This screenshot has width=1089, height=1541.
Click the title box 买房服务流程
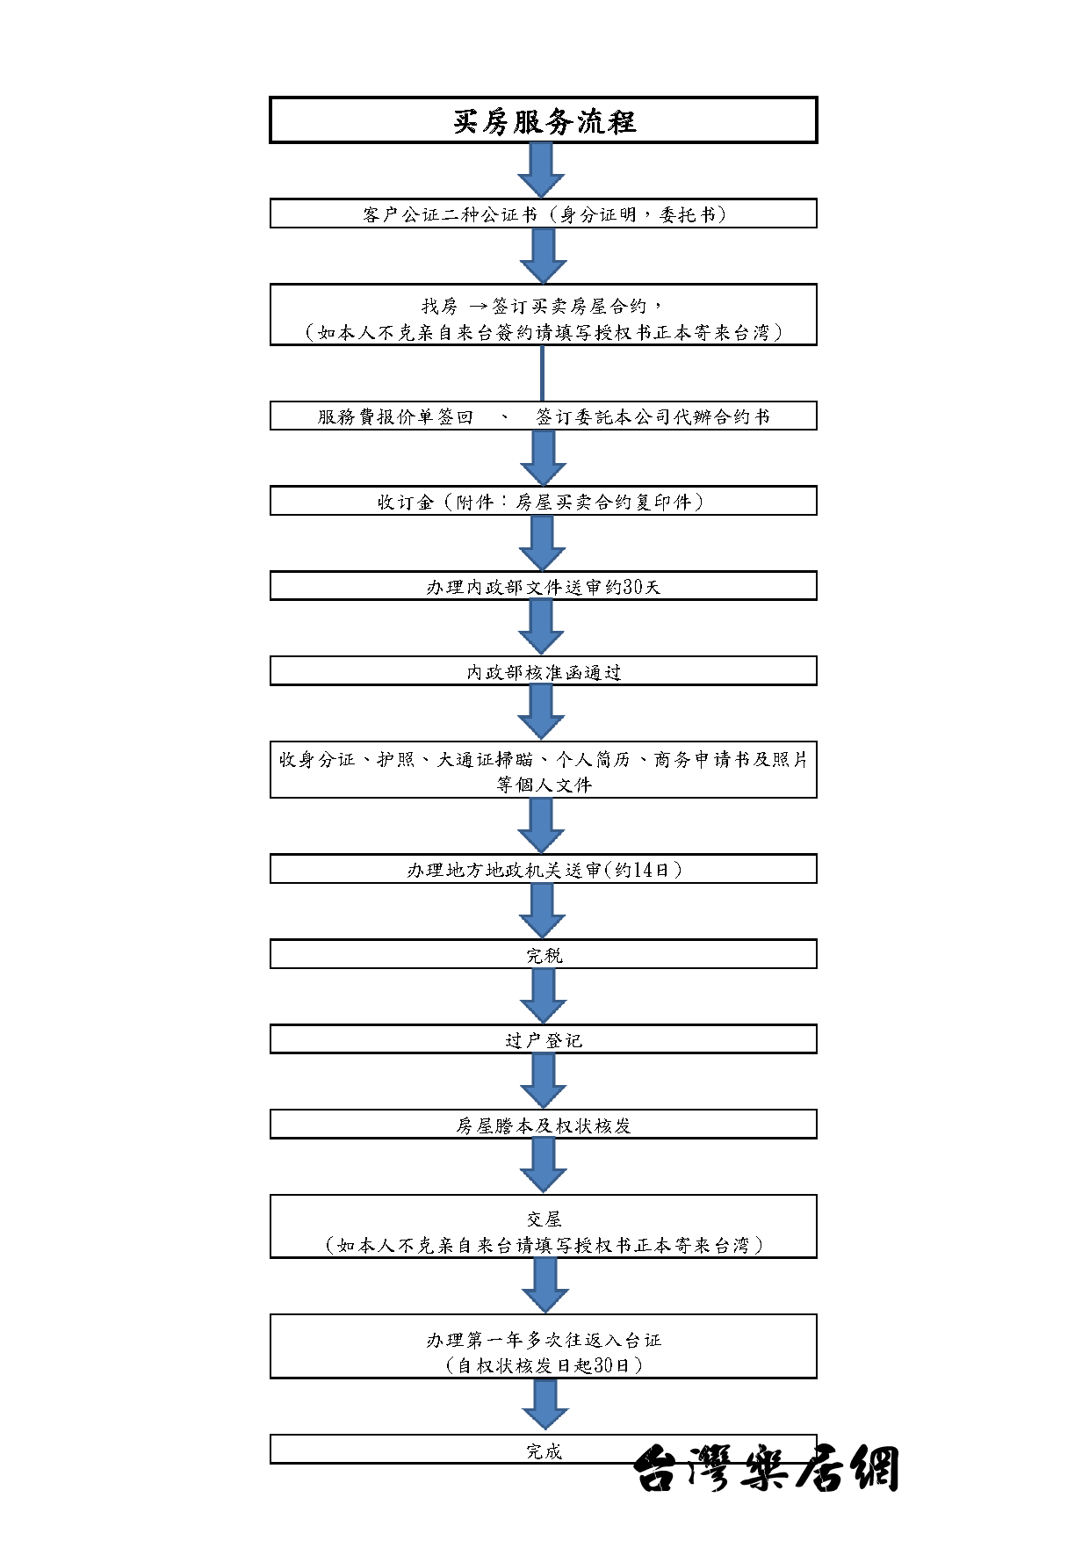tap(544, 119)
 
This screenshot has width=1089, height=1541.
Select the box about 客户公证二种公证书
tap(544, 213)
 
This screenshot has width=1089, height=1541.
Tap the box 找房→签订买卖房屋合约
tap(544, 315)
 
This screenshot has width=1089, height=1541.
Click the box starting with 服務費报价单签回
tap(544, 416)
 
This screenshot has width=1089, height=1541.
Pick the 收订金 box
tap(544, 501)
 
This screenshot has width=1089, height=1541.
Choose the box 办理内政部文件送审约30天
tap(544, 586)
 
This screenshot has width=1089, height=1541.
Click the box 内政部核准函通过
tap(544, 671)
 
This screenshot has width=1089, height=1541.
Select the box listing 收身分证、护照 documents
tap(544, 770)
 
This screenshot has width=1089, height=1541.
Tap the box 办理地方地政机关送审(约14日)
tap(544, 869)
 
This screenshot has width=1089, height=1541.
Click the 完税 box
tap(544, 954)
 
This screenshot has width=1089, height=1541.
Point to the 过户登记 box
tap(544, 1039)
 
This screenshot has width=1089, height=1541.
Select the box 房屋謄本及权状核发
tap(544, 1125)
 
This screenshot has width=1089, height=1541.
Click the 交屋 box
tap(544, 1226)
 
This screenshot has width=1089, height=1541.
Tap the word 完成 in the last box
tap(544, 1451)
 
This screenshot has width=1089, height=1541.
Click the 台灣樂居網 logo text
tap(767, 1468)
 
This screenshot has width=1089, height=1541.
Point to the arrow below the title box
tap(542, 170)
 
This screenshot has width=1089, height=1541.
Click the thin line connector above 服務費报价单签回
tap(542, 373)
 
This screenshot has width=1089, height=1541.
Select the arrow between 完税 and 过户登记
tap(543, 997)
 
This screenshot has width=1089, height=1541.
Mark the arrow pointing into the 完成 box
tap(544, 1405)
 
